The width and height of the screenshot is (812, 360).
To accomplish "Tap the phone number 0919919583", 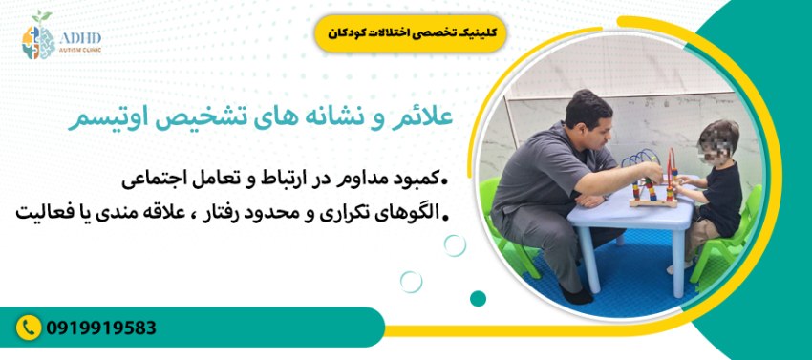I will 101,328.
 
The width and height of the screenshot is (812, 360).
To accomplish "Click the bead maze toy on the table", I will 658,181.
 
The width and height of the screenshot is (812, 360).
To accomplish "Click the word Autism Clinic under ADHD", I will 79,51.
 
